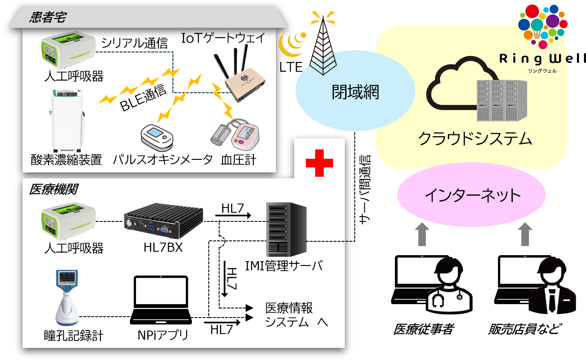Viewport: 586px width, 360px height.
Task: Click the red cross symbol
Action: (319, 163)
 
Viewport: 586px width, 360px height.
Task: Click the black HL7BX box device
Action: (164, 221)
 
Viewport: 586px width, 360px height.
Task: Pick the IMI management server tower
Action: (286, 230)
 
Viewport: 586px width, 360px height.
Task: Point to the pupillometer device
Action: (66, 299)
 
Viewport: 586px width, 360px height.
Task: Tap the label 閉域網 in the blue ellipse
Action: (355, 92)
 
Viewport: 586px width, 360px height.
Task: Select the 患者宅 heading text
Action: (48, 17)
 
